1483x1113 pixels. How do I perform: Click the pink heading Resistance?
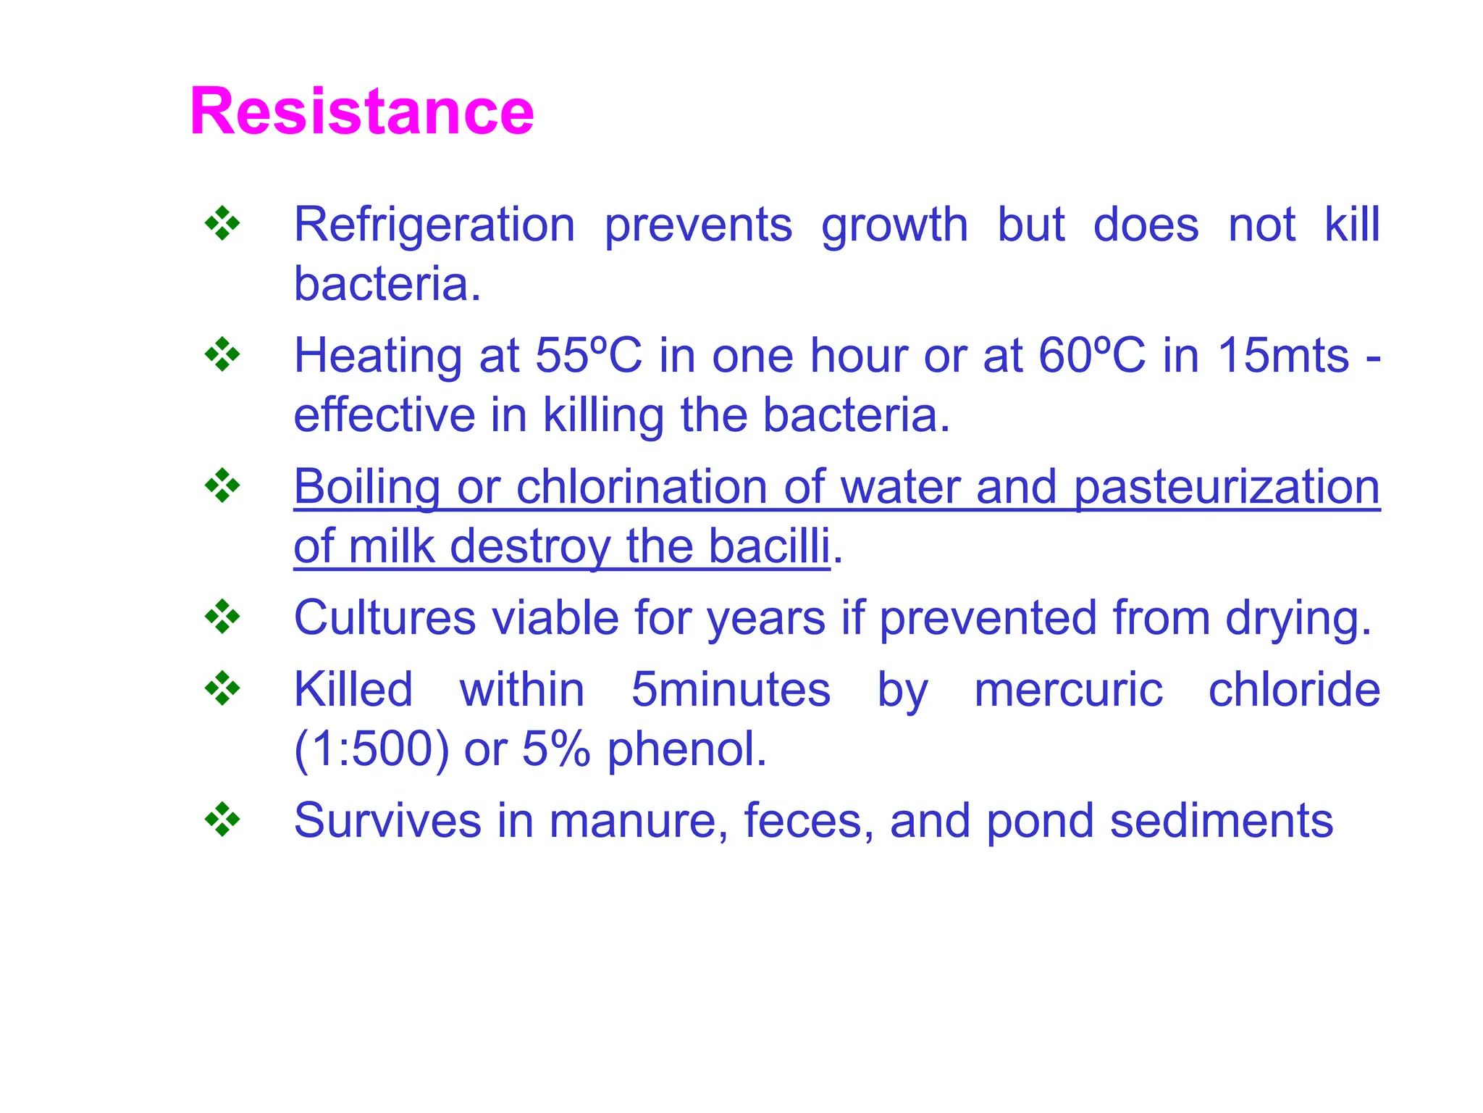click(361, 111)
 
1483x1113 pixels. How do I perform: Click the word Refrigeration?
click(434, 225)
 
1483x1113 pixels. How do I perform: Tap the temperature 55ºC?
click(588, 356)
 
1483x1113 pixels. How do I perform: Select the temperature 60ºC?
click(1091, 356)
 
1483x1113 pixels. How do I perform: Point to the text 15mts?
click(1283, 356)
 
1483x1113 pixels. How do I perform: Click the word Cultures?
click(385, 618)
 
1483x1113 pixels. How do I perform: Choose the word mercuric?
click(1068, 689)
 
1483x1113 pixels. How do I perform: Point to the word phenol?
click(686, 749)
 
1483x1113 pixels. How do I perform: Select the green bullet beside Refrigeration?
click(222, 224)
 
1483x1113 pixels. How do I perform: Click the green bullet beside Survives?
click(222, 820)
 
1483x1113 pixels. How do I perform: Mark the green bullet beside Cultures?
click(222, 617)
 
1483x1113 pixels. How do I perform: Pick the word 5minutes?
click(731, 689)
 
